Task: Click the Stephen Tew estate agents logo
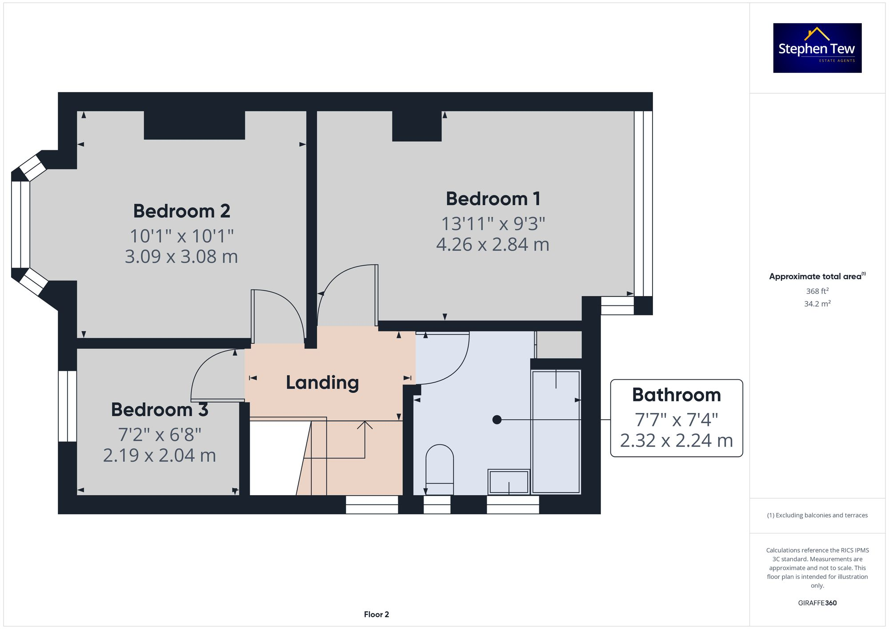point(817,48)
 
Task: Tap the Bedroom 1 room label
point(493,199)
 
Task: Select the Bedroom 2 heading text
point(181,211)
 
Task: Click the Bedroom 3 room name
point(159,410)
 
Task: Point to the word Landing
point(322,383)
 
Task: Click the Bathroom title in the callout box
point(676,395)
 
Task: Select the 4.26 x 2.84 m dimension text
point(493,245)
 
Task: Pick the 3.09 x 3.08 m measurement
point(181,257)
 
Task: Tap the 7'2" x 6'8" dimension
point(159,435)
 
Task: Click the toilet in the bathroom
point(440,469)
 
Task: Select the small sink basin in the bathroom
point(509,481)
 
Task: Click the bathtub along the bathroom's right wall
point(556,431)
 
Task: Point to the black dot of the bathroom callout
point(497,420)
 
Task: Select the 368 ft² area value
point(817,291)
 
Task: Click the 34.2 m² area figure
point(817,304)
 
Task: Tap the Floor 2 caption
point(376,614)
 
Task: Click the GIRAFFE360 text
point(817,603)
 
